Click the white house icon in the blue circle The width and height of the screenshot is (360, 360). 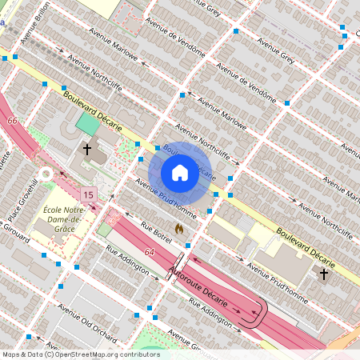click(180, 173)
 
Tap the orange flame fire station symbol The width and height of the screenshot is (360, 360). click(180, 228)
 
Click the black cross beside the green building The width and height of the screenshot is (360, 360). click(87, 149)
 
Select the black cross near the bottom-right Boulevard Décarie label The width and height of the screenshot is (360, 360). click(324, 274)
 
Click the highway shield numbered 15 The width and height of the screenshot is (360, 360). click(87, 194)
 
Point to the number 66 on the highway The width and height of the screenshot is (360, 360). click(12, 120)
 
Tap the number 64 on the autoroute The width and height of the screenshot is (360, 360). click(150, 252)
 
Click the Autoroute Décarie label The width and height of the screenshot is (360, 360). click(201, 286)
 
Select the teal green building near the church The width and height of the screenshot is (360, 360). click(87, 125)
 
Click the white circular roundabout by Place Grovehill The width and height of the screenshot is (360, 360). click(46, 174)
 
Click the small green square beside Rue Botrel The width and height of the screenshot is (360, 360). click(104, 230)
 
